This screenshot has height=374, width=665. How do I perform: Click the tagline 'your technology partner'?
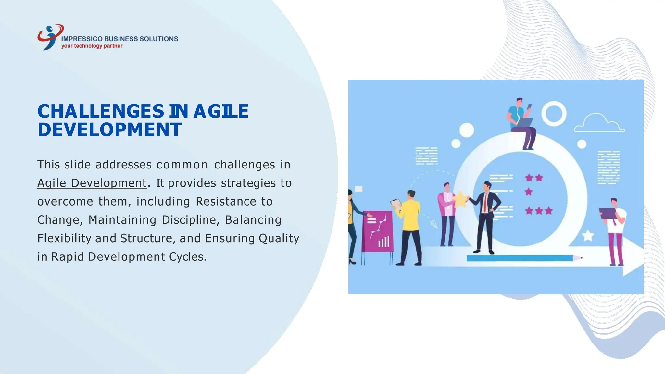(92, 46)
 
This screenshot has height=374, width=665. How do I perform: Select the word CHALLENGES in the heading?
(101, 111)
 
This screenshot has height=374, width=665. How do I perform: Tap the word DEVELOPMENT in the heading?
(109, 130)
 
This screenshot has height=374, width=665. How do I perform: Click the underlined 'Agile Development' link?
(92, 183)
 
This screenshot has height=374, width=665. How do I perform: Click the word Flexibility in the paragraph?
(64, 238)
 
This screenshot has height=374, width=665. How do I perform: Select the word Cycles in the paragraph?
(188, 257)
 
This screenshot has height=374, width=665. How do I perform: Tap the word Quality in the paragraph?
(279, 238)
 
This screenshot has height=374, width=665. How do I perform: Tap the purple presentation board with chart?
(378, 231)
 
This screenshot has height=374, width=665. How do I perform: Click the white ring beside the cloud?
(554, 114)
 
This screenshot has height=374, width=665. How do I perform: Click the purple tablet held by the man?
(607, 213)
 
